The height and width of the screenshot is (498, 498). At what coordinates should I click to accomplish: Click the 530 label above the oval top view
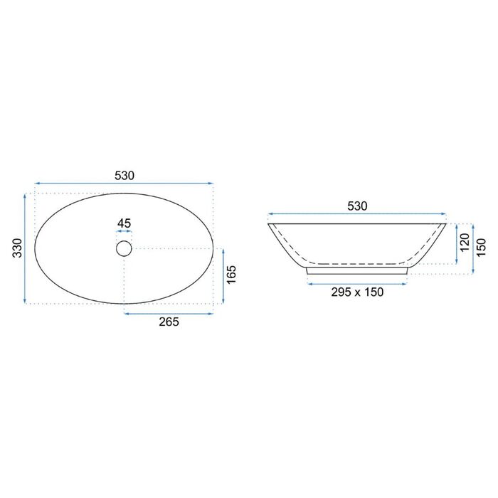pyautogui.click(x=124, y=175)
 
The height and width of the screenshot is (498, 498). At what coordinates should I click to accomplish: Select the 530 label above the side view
pyautogui.click(x=357, y=206)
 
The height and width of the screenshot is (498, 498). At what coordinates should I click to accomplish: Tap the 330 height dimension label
pyautogui.click(x=17, y=248)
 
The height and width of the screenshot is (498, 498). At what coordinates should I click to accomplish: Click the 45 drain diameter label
pyautogui.click(x=124, y=223)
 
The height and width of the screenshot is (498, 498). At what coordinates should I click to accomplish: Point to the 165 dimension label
pyautogui.click(x=231, y=275)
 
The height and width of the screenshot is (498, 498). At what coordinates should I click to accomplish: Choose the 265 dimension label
pyautogui.click(x=169, y=322)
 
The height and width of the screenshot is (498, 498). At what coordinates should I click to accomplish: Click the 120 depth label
pyautogui.click(x=465, y=243)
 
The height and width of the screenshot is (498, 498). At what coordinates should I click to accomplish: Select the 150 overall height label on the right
pyautogui.click(x=482, y=248)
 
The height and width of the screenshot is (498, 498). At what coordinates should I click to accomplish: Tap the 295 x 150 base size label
pyautogui.click(x=357, y=292)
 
